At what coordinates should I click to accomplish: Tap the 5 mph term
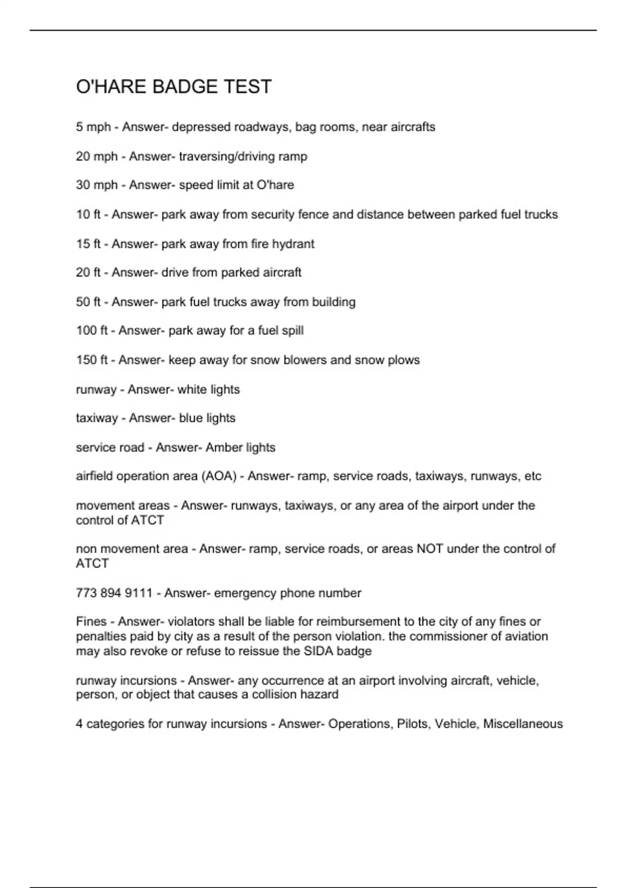point(94,127)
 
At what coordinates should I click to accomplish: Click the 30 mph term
point(97,185)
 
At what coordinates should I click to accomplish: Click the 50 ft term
point(88,302)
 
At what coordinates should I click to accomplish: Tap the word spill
point(293,331)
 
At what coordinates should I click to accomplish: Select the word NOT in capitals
point(429,549)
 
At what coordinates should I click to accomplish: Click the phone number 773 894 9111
point(114,593)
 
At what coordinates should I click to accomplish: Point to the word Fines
point(91,622)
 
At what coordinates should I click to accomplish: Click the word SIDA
point(317,651)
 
